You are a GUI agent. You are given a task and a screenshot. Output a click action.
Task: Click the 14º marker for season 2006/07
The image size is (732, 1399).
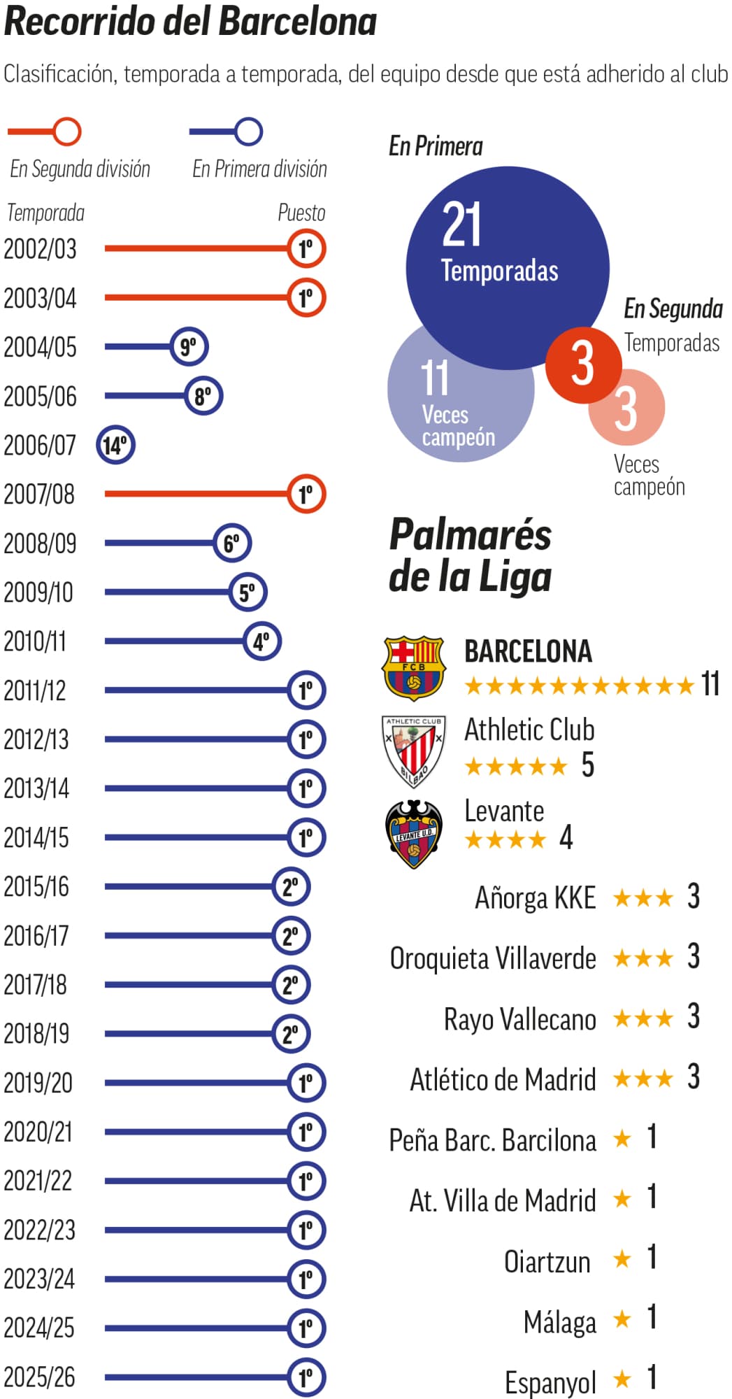tap(115, 445)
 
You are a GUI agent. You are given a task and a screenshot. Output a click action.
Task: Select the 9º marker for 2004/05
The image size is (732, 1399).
tap(189, 347)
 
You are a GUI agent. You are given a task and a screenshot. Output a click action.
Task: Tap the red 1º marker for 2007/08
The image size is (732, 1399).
tap(306, 494)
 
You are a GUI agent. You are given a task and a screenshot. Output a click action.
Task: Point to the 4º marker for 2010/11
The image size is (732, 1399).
tap(262, 641)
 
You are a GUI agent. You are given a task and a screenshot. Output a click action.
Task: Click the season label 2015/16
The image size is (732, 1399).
tap(36, 887)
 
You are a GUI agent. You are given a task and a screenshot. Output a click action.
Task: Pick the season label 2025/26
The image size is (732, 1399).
tap(39, 1377)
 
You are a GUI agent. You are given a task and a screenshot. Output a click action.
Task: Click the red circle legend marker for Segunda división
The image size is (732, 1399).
tap(68, 132)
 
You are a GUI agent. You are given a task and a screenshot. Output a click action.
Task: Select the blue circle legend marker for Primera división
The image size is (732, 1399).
tap(248, 132)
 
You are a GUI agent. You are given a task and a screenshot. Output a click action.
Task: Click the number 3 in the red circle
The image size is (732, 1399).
tap(582, 364)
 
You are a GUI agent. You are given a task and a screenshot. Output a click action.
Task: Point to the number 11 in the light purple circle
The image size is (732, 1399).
tap(434, 378)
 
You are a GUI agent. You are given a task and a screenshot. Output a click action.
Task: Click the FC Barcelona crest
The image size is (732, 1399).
tap(413, 667)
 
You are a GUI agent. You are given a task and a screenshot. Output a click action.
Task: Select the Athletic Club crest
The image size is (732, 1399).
tap(413, 751)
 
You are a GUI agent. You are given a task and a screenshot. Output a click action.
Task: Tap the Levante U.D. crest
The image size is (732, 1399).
tap(413, 833)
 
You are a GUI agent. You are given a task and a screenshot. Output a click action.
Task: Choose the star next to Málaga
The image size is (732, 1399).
tap(622, 1319)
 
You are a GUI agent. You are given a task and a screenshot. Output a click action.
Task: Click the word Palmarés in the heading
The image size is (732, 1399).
tap(470, 535)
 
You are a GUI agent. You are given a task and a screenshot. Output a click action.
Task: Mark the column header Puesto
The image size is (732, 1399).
tap(301, 213)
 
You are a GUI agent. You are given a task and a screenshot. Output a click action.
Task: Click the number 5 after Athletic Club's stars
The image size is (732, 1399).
tap(588, 765)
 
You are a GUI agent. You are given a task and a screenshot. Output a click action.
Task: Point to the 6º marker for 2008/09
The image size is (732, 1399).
tap(232, 543)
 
